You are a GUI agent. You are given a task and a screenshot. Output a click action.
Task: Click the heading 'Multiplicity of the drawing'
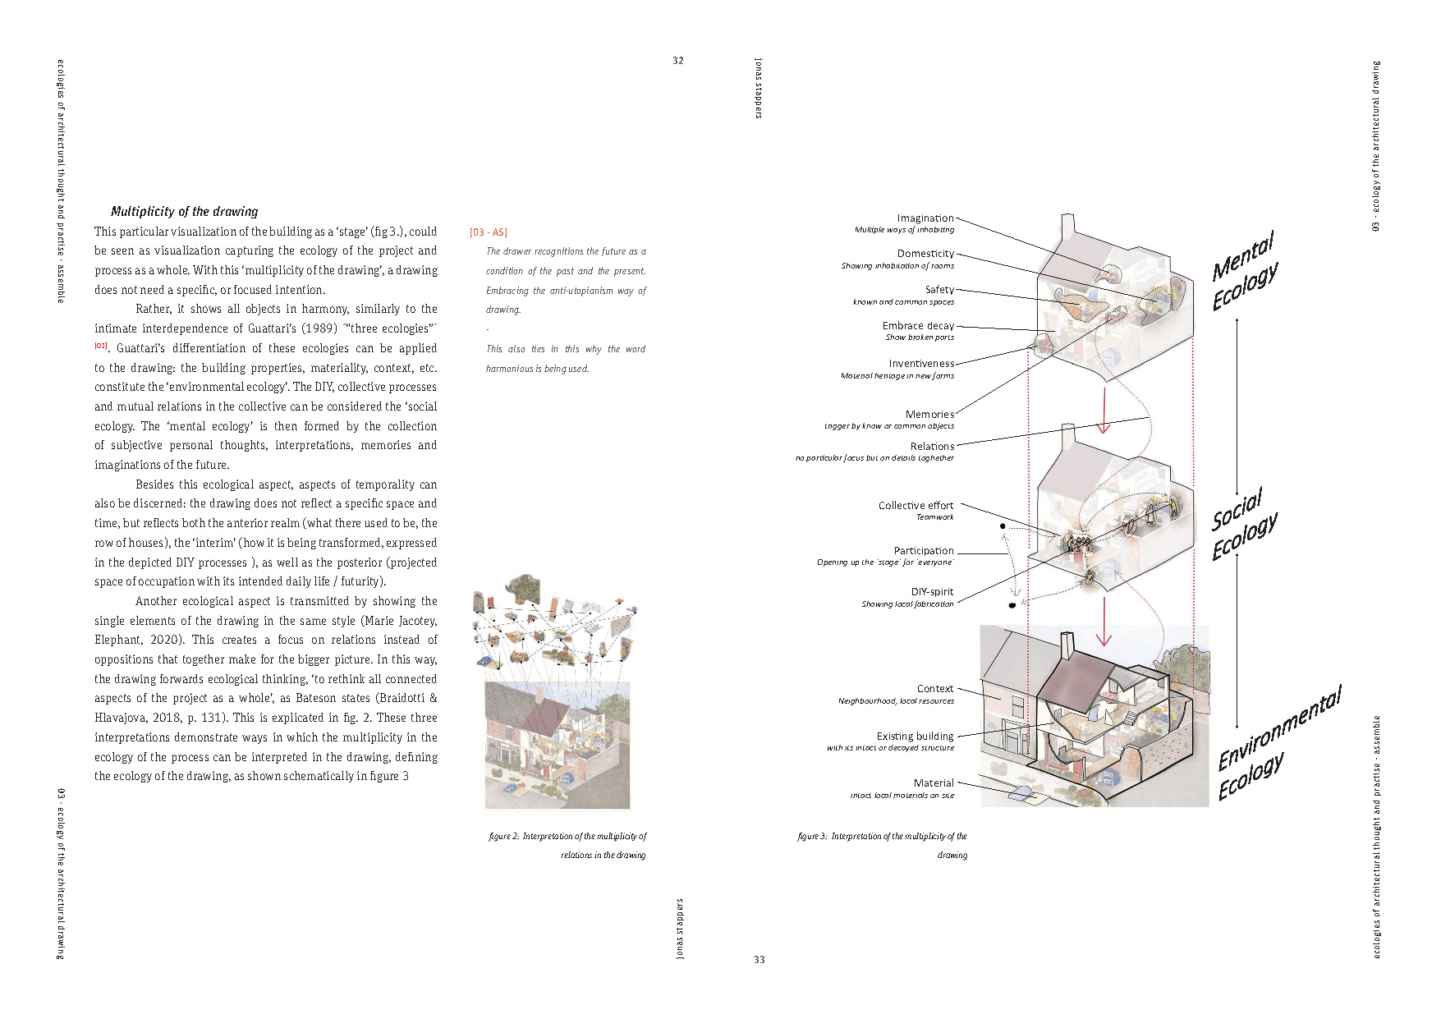tap(184, 211)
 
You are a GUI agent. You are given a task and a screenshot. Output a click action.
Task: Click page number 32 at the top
tap(677, 61)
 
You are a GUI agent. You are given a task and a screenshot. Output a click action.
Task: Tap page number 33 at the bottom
tap(759, 959)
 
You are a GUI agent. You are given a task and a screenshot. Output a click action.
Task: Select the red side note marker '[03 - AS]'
tap(489, 232)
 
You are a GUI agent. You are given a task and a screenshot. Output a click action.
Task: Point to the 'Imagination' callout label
tap(925, 218)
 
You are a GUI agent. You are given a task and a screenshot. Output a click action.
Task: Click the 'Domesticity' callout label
tap(925, 254)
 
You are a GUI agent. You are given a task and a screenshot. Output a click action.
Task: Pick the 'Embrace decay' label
tap(918, 326)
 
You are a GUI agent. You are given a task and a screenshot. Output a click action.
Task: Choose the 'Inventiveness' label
tap(921, 364)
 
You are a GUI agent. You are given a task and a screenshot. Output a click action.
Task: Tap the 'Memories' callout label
tap(929, 415)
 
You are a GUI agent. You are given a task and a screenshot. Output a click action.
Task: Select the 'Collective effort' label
tap(916, 506)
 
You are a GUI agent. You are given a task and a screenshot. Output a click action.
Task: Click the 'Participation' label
tap(924, 551)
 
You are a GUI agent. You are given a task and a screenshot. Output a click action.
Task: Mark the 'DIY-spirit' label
tap(932, 592)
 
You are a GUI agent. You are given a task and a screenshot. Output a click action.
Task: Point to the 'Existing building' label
tap(915, 737)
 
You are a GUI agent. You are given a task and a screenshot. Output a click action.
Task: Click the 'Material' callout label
tap(934, 783)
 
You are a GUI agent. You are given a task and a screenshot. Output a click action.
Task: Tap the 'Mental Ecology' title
tap(1244, 271)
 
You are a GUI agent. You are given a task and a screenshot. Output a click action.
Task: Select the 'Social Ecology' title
tap(1243, 526)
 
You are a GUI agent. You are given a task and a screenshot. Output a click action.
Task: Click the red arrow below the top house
tap(1104, 411)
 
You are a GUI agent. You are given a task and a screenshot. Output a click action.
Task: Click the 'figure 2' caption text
tap(567, 837)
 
